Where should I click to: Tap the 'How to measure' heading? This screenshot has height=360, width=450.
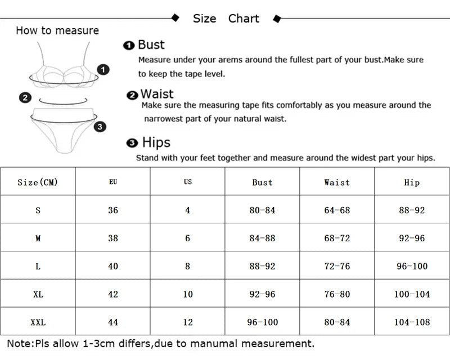click(x=57, y=30)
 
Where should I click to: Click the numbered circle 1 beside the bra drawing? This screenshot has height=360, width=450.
click(x=103, y=70)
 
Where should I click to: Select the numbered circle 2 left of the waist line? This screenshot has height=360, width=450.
click(x=25, y=98)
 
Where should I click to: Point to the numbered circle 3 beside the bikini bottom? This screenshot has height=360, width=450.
click(x=100, y=127)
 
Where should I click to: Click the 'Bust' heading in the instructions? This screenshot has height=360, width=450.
click(x=151, y=45)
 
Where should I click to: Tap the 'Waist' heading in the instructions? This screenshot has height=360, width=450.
click(x=156, y=94)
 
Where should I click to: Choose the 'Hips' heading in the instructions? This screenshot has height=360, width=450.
click(x=156, y=142)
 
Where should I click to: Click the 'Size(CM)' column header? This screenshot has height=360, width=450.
click(x=38, y=182)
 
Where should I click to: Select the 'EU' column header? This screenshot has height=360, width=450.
click(x=113, y=182)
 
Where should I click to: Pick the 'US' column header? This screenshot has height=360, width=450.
click(x=188, y=182)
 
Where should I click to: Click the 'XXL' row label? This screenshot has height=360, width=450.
click(x=38, y=322)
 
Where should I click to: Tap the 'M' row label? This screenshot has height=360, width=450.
click(x=38, y=238)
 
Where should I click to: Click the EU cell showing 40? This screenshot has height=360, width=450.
click(x=113, y=266)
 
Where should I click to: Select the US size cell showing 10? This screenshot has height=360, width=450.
click(x=188, y=294)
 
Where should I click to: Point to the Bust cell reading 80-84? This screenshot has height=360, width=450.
click(x=262, y=210)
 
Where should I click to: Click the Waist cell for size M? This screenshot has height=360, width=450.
click(x=337, y=238)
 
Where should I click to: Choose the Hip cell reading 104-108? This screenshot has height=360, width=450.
click(x=412, y=322)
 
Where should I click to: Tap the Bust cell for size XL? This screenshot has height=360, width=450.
click(x=262, y=294)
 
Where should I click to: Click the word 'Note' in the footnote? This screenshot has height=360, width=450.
click(x=20, y=343)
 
